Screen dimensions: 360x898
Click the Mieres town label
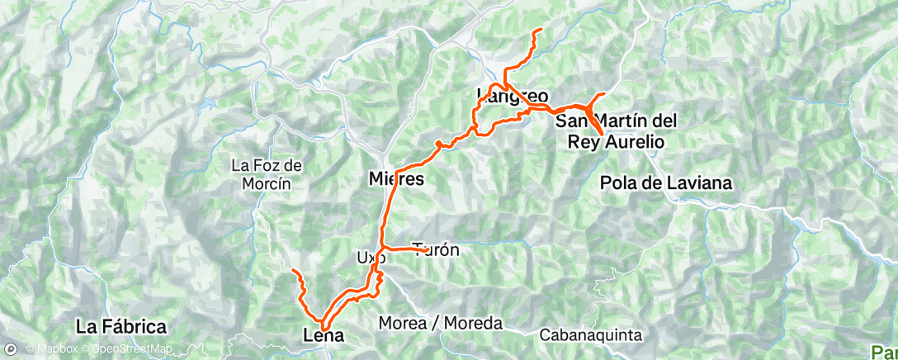396,178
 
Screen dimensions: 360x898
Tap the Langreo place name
513,97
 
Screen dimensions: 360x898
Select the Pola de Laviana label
667,182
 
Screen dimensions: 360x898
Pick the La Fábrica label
121,326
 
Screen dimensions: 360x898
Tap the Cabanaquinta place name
589,335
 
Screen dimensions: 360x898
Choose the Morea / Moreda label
440,324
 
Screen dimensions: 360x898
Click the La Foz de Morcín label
267,173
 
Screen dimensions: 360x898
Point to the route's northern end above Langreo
541,30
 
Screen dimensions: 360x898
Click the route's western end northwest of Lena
294,270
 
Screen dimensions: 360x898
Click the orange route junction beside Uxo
383,248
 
